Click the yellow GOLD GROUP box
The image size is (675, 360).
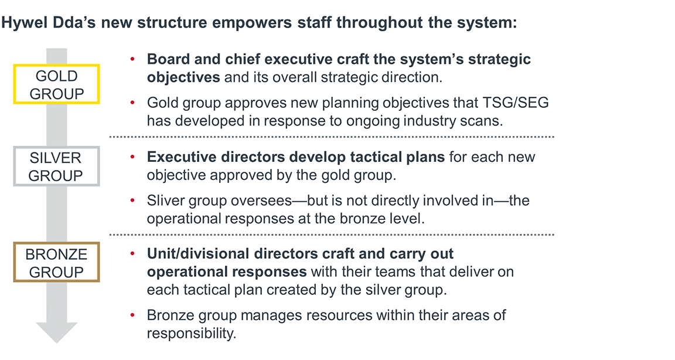point(56,84)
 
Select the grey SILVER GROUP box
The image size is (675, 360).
point(56,167)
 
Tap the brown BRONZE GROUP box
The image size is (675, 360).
point(56,263)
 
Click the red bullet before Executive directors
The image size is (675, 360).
point(133,158)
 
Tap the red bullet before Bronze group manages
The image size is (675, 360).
point(133,315)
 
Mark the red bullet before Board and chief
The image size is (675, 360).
point(133,59)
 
